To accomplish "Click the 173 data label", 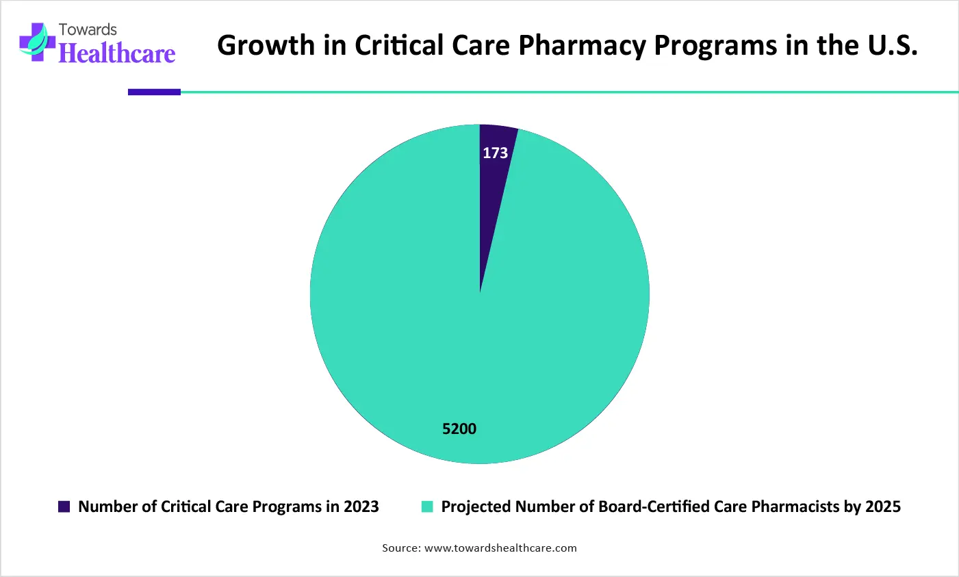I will [x=495, y=153].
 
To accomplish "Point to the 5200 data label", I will [x=459, y=429].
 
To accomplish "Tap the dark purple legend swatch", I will [x=64, y=507].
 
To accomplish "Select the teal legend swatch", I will [x=427, y=507].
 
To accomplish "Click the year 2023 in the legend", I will [x=361, y=507].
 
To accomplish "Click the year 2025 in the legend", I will [x=883, y=507].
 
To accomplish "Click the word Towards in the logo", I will [x=88, y=29].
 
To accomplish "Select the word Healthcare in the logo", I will [x=117, y=53].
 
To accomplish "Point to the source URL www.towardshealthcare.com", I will [x=500, y=548].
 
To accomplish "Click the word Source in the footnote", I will [x=400, y=548].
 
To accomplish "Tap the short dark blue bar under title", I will [x=154, y=92].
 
